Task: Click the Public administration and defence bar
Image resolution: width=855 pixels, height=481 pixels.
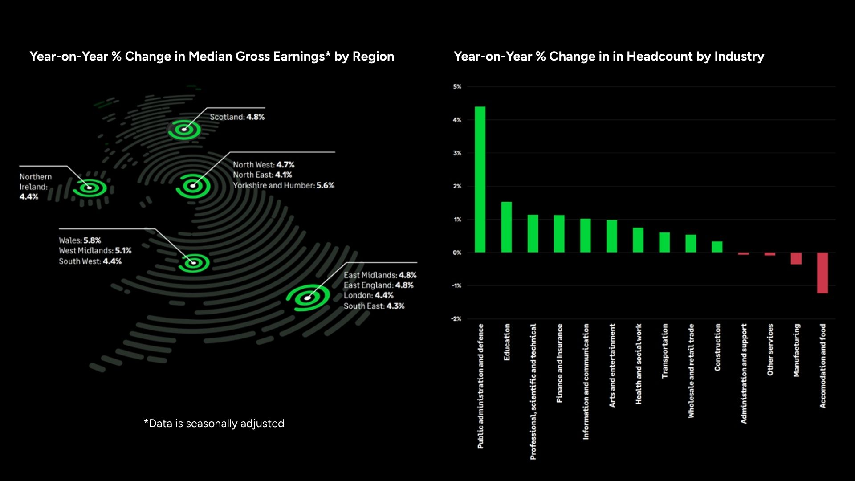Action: coord(480,179)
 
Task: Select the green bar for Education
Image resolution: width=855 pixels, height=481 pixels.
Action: coord(506,227)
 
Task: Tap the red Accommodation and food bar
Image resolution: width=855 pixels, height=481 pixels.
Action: coord(822,273)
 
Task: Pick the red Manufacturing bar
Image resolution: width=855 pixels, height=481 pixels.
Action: coord(796,258)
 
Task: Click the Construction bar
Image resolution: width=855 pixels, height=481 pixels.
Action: coord(717,247)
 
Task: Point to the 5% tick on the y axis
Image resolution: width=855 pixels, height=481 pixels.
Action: coord(457,87)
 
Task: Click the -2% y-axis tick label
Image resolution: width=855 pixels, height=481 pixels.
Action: coord(456,319)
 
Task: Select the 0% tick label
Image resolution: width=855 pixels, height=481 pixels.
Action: coord(457,253)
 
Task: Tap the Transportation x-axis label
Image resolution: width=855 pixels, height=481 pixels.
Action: coord(665,351)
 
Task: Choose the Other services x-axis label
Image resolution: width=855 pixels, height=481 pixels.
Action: coord(770,350)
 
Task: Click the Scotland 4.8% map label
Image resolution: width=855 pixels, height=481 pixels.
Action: coord(237,117)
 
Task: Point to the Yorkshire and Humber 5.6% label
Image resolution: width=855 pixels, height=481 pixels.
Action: coord(284,185)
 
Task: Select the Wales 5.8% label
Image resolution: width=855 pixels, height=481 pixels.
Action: coord(80,240)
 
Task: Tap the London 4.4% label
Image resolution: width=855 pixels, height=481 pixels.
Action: coord(368,295)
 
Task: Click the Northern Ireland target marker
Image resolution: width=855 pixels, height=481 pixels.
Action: coord(90,188)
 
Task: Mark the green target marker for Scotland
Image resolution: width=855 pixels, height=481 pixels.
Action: coord(184,130)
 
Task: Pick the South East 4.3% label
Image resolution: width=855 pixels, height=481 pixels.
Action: coord(374,306)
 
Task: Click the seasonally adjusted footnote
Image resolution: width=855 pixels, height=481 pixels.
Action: coord(214,424)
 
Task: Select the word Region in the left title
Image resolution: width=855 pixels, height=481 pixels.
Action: coord(373,57)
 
